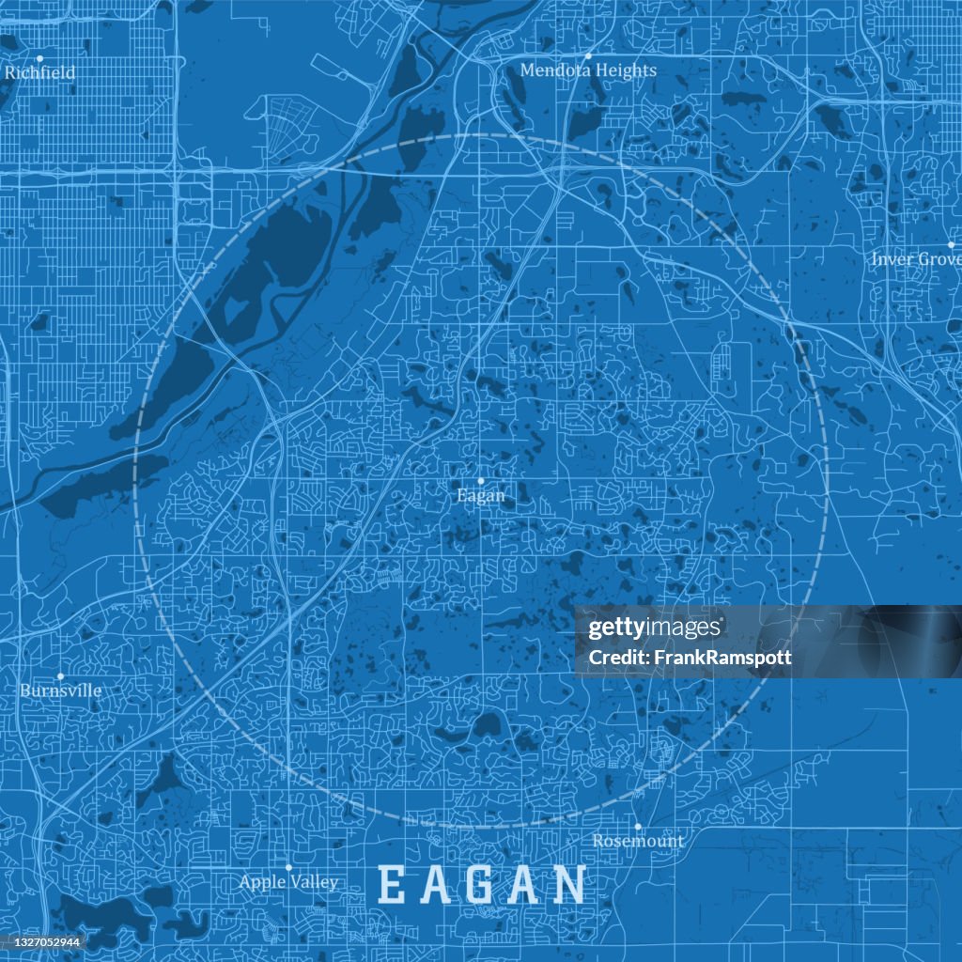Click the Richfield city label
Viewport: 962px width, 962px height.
[39, 72]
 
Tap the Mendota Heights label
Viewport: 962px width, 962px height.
[588, 70]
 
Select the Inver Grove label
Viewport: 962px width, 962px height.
[915, 258]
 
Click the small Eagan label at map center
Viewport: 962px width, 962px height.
[480, 495]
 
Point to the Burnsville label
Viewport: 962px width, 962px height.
[60, 690]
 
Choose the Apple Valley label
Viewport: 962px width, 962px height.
[288, 882]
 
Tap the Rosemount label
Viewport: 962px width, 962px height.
[638, 841]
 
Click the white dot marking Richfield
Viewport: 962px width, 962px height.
[39, 58]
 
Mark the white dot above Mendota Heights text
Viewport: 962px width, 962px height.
[588, 55]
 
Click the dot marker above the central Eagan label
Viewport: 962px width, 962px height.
[481, 480]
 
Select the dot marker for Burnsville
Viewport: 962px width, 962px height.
[60, 675]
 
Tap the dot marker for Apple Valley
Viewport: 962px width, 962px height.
[288, 867]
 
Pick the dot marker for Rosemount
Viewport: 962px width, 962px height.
[638, 827]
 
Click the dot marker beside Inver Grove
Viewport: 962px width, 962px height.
[951, 244]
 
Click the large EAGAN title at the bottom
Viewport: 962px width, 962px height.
[482, 886]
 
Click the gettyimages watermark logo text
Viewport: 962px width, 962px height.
[656, 628]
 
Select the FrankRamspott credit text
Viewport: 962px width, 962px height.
[690, 658]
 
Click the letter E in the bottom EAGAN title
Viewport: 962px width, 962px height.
[393, 886]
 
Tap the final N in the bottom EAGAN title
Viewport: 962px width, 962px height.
[567, 886]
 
